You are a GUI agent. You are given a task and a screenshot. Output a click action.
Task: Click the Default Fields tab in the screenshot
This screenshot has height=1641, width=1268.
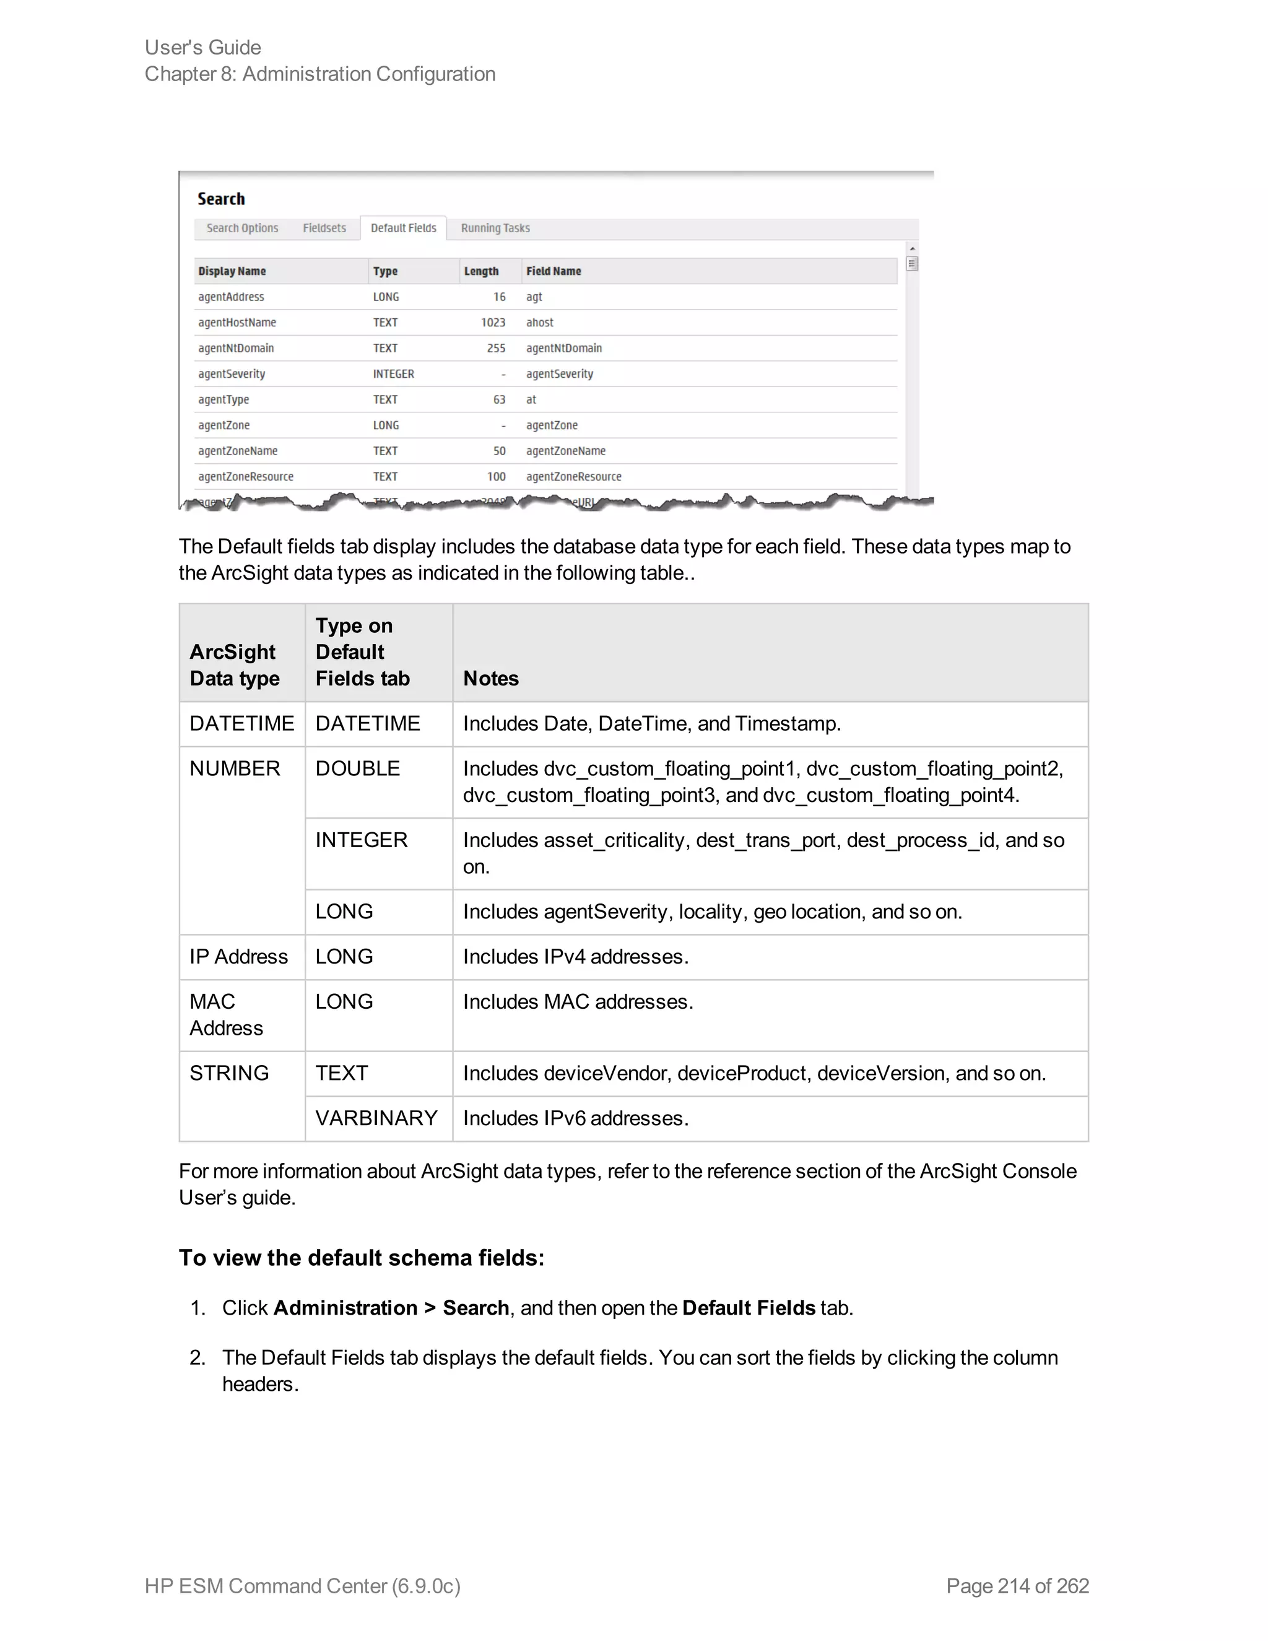click(404, 229)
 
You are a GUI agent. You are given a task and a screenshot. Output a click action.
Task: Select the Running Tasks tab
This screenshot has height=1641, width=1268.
click(495, 229)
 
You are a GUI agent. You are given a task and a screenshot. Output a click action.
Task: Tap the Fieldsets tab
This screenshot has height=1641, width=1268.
click(324, 229)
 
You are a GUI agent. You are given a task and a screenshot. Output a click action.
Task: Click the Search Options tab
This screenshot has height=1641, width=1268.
click(243, 229)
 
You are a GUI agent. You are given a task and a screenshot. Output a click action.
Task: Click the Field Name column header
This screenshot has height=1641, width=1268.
click(554, 271)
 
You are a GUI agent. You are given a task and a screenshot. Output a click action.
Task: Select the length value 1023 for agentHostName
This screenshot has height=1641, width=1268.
click(493, 323)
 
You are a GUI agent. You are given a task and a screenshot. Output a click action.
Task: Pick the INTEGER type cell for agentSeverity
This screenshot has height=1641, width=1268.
click(394, 374)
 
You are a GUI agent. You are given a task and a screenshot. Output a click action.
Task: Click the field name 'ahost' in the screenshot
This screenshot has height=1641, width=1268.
click(540, 323)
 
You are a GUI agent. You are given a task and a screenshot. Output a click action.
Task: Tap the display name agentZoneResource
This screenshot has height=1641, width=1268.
click(246, 476)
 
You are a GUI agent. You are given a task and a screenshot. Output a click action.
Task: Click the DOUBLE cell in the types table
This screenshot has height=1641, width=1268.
click(358, 768)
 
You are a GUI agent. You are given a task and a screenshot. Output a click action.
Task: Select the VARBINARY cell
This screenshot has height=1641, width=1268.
click(376, 1118)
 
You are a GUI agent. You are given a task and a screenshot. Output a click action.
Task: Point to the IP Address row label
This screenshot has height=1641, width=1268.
click(239, 957)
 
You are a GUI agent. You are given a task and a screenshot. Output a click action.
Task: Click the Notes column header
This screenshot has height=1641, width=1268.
click(491, 679)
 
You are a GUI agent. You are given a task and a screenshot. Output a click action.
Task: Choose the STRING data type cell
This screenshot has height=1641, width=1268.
click(229, 1073)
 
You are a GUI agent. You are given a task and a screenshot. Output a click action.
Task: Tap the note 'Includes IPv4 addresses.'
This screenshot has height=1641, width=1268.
click(575, 957)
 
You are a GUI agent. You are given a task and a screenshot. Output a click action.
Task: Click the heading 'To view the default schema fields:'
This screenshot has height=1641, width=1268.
click(362, 1258)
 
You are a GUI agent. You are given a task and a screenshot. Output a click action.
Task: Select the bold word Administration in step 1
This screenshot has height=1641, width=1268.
click(345, 1308)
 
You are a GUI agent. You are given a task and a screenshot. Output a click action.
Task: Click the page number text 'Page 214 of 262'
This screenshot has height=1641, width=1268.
click(1017, 1586)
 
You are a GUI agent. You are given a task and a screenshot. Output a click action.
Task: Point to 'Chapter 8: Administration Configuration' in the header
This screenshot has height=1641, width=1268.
click(320, 74)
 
